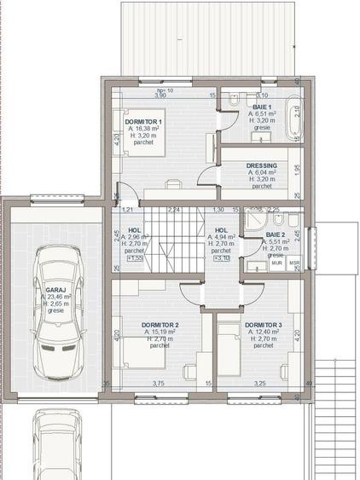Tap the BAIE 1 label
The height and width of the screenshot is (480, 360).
coord(263,106)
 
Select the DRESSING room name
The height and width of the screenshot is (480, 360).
coord(261,165)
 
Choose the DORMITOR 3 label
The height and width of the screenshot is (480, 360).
coord(263,325)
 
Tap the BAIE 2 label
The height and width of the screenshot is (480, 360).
coord(276,234)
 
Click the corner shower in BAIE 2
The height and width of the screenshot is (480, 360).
coord(254,223)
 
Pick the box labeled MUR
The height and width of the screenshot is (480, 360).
coord(276,263)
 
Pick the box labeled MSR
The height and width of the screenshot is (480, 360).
coord(293,263)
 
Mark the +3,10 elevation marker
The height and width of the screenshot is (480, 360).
coord(220,258)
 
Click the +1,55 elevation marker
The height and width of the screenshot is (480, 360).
coord(135,258)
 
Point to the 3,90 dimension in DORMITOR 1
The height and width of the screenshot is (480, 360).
coord(160,95)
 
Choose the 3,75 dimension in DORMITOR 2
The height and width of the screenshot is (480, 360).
coord(158,383)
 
